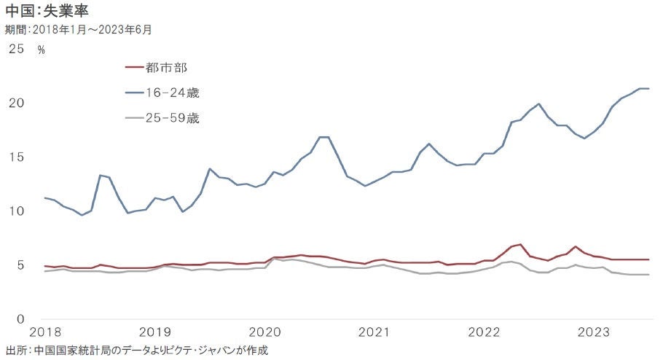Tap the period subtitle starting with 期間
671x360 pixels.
click(x=78, y=30)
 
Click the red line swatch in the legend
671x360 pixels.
click(x=135, y=68)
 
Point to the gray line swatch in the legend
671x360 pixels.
click(x=135, y=118)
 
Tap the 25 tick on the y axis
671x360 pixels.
click(x=17, y=49)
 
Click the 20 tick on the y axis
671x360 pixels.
click(x=17, y=103)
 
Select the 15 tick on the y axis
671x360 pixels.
click(x=17, y=157)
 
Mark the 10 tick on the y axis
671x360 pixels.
click(x=17, y=211)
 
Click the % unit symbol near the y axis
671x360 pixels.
click(x=42, y=50)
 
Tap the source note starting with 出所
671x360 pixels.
click(x=137, y=351)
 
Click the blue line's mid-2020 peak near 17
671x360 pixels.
click(x=324, y=137)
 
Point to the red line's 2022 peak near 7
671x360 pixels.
click(x=520, y=244)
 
